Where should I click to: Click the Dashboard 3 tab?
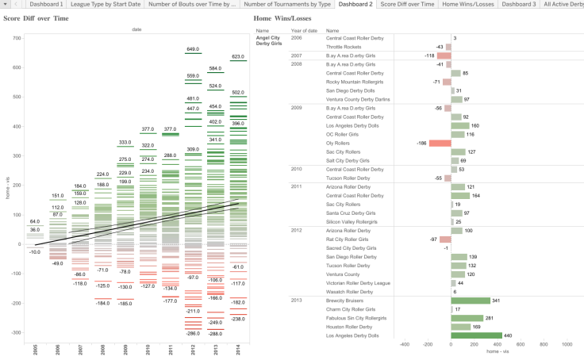click(519, 5)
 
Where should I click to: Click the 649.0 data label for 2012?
click(192, 49)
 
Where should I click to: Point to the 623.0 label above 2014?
click(237, 56)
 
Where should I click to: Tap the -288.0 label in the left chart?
click(214, 334)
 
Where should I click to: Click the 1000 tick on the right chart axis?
click(567, 345)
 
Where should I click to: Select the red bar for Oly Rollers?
click(440, 143)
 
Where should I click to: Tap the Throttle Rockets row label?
click(344, 47)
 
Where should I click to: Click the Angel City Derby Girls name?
click(268, 41)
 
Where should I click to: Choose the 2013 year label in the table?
click(297, 301)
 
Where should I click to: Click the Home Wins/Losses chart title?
click(285, 17)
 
